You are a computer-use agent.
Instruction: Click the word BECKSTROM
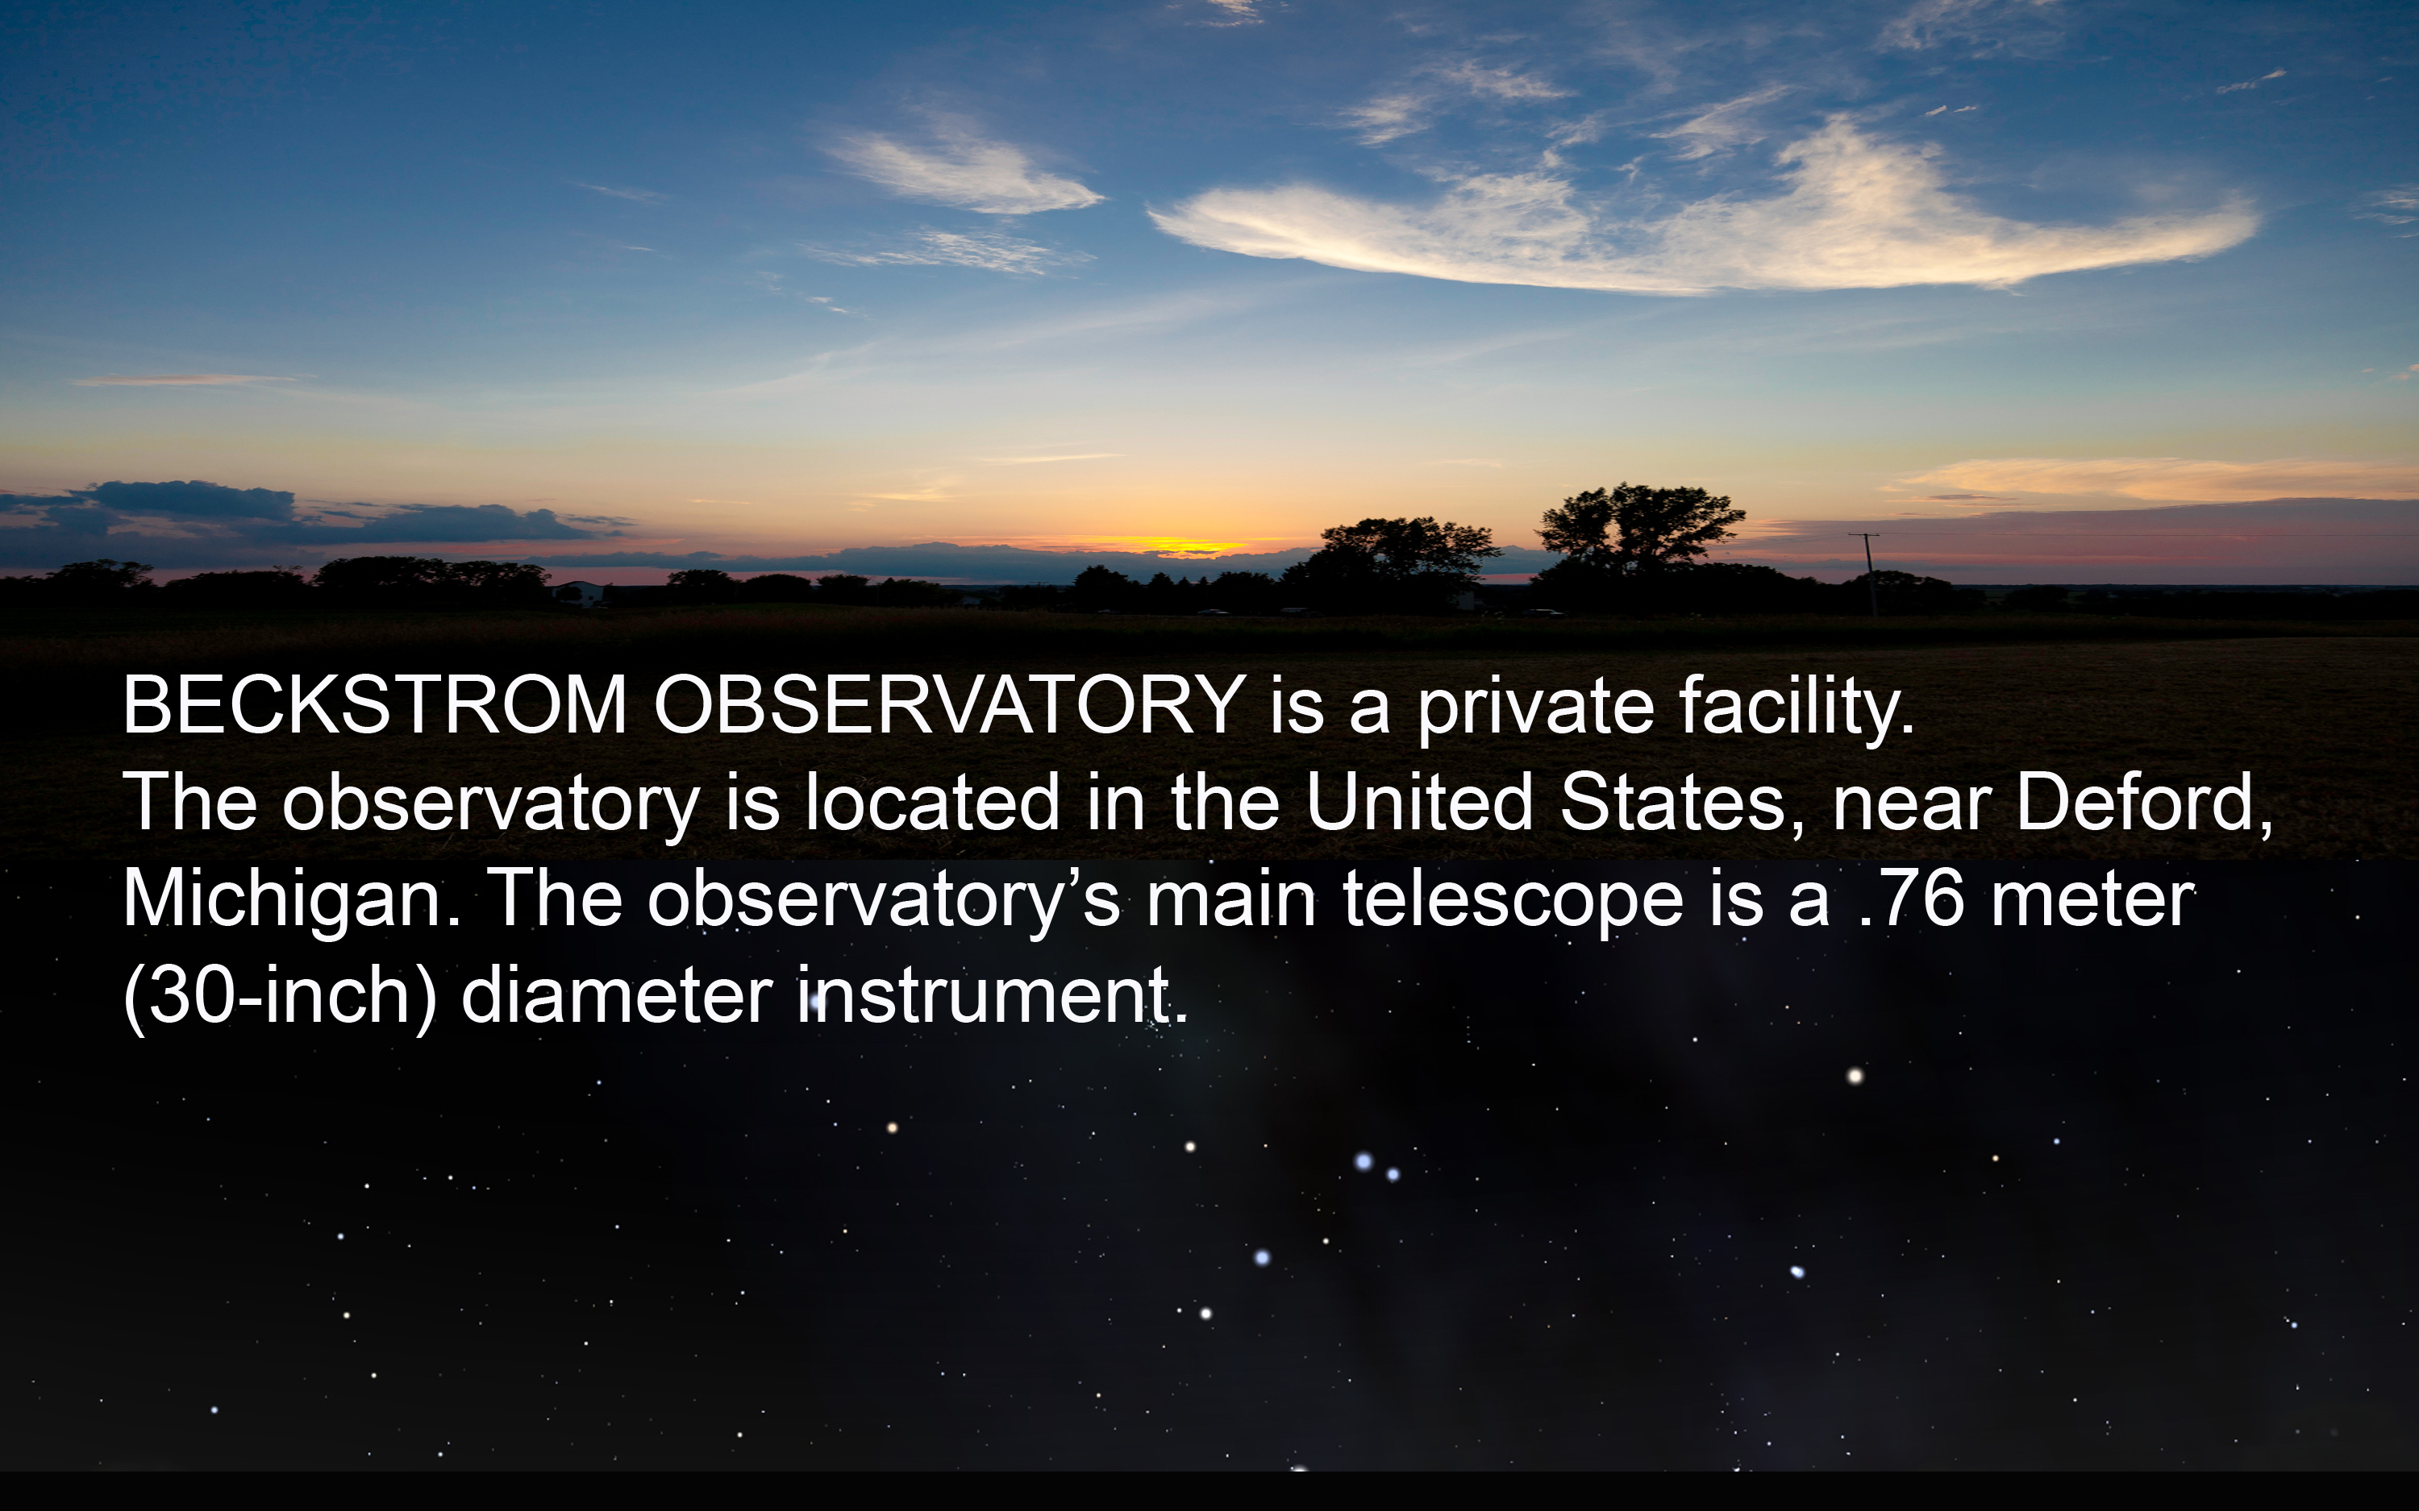click(x=375, y=704)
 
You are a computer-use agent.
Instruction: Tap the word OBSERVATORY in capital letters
click(x=950, y=704)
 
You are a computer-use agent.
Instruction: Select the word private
click(x=1535, y=709)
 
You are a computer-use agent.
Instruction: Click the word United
click(x=1419, y=802)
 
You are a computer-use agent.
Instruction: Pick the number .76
click(x=1911, y=899)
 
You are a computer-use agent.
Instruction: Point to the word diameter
click(x=617, y=995)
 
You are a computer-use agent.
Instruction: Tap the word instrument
click(x=993, y=995)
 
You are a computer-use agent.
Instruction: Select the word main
click(x=1230, y=899)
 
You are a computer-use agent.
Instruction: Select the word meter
click(x=2092, y=899)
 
